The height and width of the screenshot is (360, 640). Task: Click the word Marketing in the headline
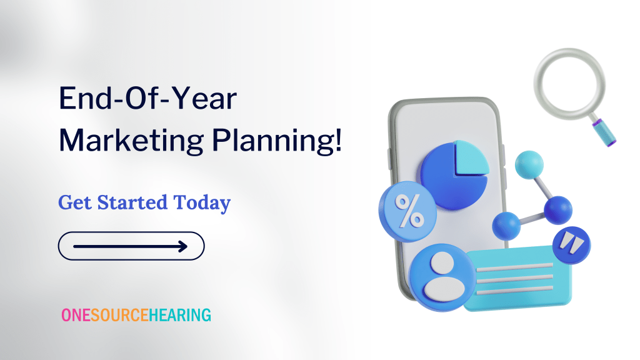[x=131, y=141]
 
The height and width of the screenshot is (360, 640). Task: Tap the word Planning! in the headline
[x=277, y=141]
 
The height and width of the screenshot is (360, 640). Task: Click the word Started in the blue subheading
[x=132, y=202]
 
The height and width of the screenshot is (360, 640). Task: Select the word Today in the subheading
[x=202, y=203]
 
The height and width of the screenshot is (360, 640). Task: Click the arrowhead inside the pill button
[x=183, y=246]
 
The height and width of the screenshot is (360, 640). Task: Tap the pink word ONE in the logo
[x=76, y=315]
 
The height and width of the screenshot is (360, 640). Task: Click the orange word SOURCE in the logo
[x=119, y=315]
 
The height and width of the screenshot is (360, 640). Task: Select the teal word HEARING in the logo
[x=180, y=315]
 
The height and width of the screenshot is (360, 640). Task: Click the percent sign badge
[x=407, y=211]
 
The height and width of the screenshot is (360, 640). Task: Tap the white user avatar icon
[x=443, y=276]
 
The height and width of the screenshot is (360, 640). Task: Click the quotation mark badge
[x=571, y=245]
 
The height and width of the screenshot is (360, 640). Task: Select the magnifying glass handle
[x=603, y=131]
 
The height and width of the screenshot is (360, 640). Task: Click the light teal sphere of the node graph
[x=529, y=165]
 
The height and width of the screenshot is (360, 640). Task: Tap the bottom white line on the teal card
[x=515, y=290]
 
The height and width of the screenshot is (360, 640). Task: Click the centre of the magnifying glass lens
[x=569, y=84]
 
